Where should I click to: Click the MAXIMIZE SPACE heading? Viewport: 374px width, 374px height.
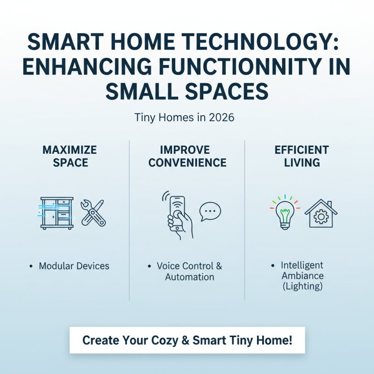pos(70,156)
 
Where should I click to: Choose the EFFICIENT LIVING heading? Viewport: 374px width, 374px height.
pos(302,156)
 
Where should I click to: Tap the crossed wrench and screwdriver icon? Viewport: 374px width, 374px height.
pos(93,213)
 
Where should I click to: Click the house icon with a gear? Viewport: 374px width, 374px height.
pos(321,214)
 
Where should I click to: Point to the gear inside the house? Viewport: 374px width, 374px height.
pos(321,217)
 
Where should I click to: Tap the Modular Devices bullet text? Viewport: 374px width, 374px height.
pos(74,266)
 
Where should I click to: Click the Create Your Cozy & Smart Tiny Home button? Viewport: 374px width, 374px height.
pos(187,340)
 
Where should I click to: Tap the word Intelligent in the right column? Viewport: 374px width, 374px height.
pos(302,266)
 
